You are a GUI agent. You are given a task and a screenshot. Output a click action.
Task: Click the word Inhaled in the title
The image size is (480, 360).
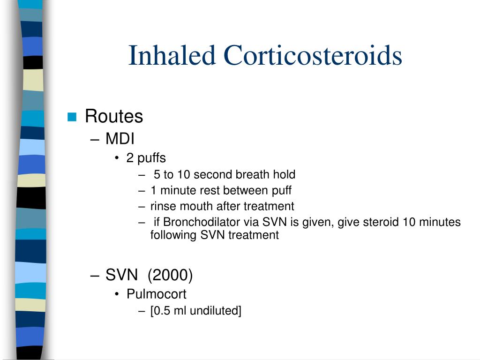click(x=172, y=55)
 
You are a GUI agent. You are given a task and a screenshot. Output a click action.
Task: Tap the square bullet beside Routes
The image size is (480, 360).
click(x=72, y=117)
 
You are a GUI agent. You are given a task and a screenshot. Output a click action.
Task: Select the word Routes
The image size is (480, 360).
click(x=114, y=116)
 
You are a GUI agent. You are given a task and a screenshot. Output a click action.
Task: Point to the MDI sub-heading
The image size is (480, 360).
click(x=120, y=139)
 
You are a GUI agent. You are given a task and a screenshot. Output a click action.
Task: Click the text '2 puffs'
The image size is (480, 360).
click(x=146, y=158)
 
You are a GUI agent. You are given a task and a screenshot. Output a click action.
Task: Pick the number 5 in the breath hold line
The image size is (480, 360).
click(x=157, y=175)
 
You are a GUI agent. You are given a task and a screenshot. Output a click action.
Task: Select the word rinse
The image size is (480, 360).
click(x=161, y=206)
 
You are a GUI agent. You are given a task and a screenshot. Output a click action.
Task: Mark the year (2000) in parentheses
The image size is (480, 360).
click(x=170, y=275)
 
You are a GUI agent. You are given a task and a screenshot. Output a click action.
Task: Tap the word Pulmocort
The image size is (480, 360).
click(x=156, y=294)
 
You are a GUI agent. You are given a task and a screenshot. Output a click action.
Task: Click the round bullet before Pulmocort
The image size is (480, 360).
click(x=117, y=294)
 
